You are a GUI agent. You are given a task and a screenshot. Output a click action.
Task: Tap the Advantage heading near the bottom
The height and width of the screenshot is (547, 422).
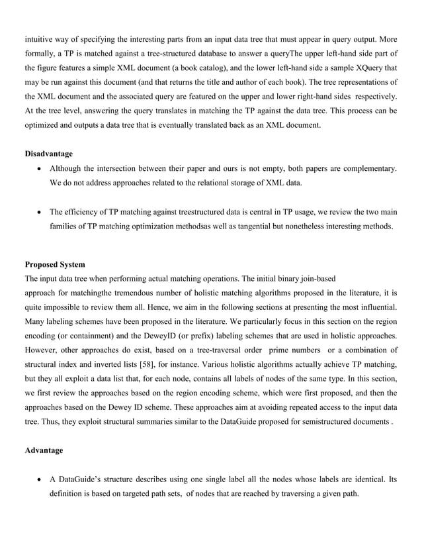(x=44, y=450)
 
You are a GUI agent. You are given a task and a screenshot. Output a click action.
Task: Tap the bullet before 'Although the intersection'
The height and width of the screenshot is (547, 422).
(x=41, y=170)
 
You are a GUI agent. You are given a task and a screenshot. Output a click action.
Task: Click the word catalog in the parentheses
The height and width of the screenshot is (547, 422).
(x=223, y=68)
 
